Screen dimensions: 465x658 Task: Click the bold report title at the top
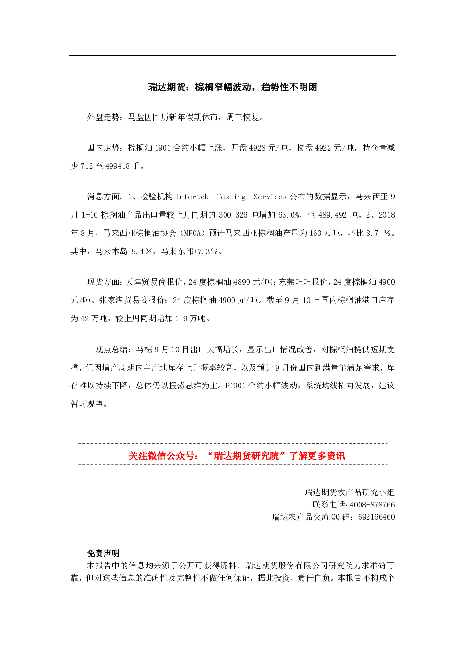click(x=232, y=87)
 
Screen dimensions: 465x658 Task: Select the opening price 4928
click(x=258, y=148)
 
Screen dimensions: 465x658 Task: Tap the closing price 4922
click(x=324, y=148)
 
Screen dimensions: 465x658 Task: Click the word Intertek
click(x=192, y=197)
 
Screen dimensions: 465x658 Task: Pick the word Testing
click(x=231, y=197)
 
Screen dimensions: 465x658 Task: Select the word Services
click(x=270, y=197)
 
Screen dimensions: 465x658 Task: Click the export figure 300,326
click(x=233, y=215)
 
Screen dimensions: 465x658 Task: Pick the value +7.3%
click(x=206, y=251)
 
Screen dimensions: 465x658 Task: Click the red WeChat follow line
click(x=237, y=455)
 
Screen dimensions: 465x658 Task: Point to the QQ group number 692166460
click(x=376, y=517)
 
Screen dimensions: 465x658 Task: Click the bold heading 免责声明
click(x=103, y=553)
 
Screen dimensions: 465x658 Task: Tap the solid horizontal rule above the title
click(x=232, y=55)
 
